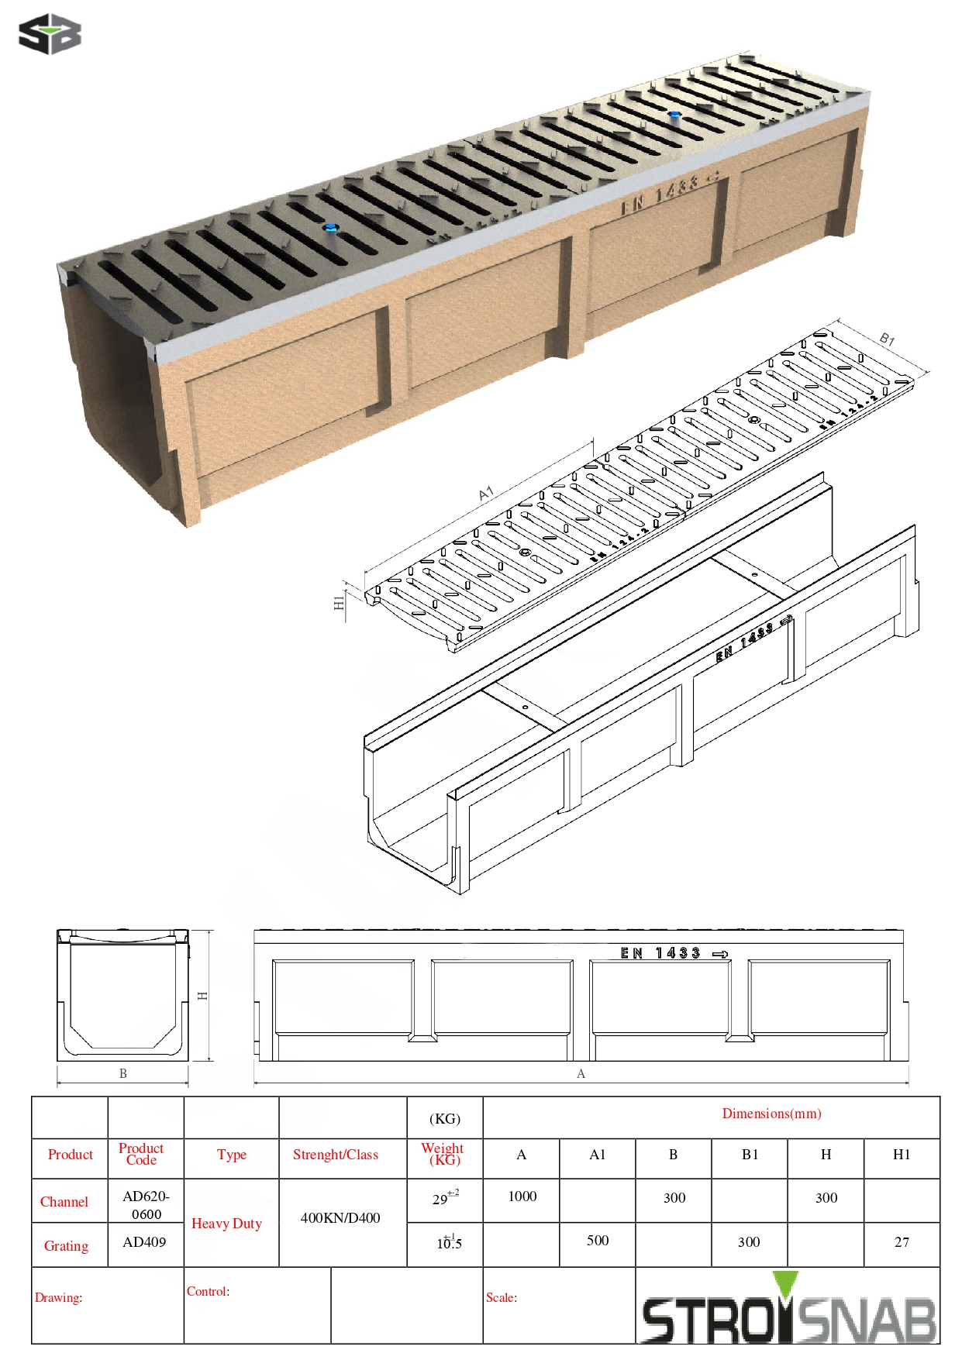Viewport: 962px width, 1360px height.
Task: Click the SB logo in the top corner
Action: coord(50,34)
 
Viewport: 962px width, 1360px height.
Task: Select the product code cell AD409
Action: coord(144,1242)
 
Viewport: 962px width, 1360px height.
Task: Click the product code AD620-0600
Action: coord(146,1205)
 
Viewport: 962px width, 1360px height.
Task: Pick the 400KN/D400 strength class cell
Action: coord(340,1218)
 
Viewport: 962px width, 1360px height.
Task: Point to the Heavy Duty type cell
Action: coord(226,1224)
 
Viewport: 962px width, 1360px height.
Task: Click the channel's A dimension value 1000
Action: coord(522,1196)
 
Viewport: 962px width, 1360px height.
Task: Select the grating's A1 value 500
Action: coord(597,1241)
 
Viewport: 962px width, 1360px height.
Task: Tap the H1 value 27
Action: coord(901,1242)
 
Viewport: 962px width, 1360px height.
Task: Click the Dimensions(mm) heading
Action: coord(771,1114)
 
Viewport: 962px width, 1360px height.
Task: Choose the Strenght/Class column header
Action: coord(336,1155)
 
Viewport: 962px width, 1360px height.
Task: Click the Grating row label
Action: coord(66,1246)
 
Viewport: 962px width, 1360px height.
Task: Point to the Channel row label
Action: coord(64,1202)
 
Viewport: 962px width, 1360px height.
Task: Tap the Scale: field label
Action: coord(502,1297)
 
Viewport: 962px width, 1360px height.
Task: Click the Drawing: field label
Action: coord(58,1297)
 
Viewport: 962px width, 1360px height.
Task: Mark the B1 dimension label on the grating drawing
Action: coord(887,339)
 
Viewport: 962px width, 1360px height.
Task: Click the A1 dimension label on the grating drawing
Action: coord(486,494)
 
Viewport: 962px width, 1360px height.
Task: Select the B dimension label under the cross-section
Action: coord(122,1073)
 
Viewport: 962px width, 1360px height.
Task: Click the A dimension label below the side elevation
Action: coord(581,1073)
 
